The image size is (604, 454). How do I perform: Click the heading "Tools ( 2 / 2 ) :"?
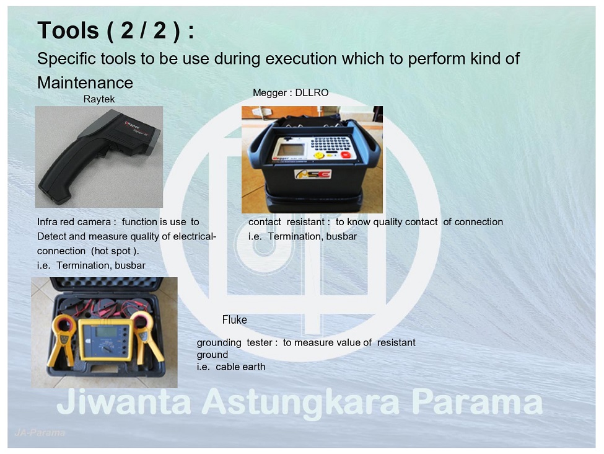pos(116,30)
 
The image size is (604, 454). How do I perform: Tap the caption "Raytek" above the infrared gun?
pos(99,99)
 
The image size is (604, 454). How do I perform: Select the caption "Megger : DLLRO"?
pos(291,92)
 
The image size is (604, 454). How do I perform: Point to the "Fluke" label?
pos(234,320)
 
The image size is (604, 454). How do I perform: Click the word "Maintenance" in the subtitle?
pos(85,82)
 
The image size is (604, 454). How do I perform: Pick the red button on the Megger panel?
pos(345,155)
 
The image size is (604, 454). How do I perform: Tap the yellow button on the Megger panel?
pos(319,155)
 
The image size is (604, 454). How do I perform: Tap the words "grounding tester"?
pos(234,342)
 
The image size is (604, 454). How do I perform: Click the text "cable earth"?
pos(240,367)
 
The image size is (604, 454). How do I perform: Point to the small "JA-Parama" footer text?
pos(40,432)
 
